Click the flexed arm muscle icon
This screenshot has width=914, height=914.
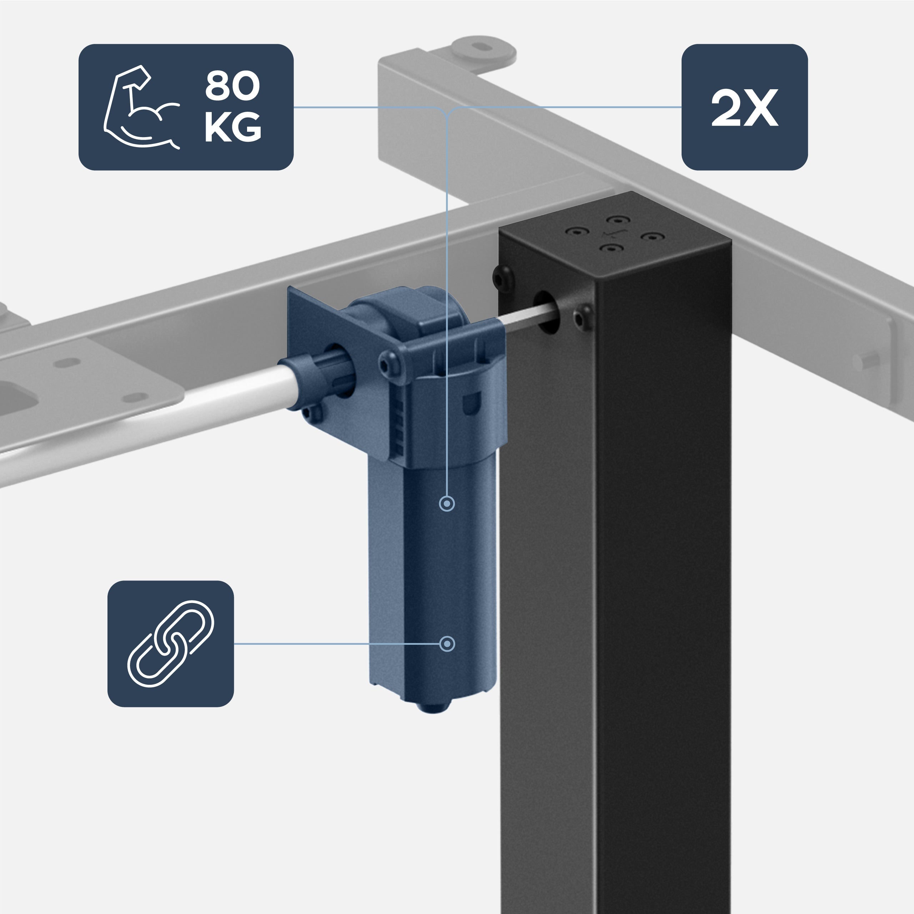(x=141, y=108)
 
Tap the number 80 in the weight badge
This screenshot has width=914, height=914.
(x=232, y=86)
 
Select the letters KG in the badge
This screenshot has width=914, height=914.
(x=232, y=127)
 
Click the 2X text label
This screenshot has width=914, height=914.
(x=744, y=108)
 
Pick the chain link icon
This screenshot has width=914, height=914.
(x=171, y=643)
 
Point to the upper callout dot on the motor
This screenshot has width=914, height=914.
(x=447, y=503)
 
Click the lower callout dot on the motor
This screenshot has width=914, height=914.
(x=447, y=644)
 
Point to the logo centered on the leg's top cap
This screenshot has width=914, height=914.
(x=614, y=234)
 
